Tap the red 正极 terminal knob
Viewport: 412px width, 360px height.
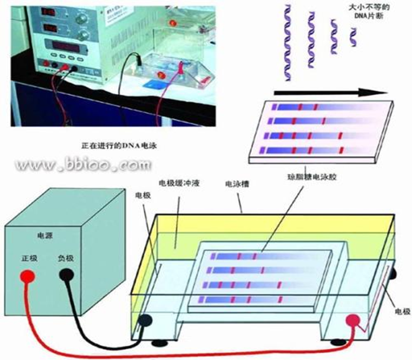26,277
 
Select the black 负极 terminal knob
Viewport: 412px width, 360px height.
65,276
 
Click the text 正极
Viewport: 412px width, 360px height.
29,259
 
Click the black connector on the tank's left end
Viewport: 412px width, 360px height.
145,321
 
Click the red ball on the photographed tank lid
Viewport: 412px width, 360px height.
174,24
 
